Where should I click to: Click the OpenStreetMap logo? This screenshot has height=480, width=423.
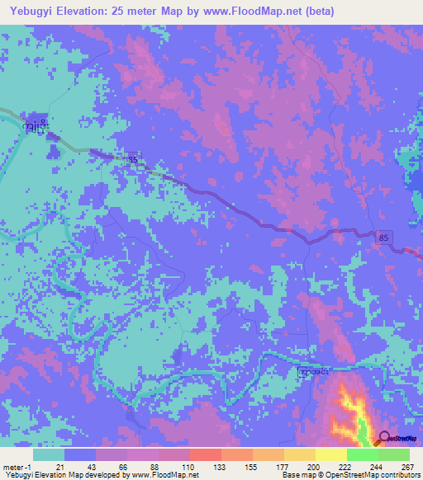[397, 440]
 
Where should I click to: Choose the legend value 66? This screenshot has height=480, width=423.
[121, 467]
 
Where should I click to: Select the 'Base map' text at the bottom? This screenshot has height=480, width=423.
[296, 475]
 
